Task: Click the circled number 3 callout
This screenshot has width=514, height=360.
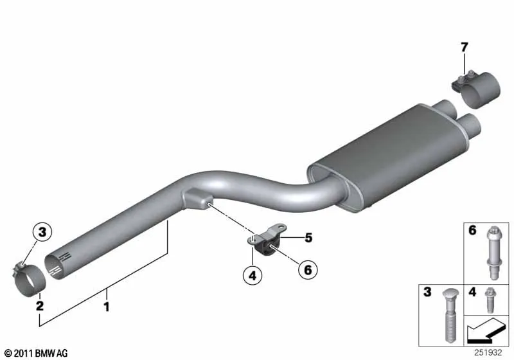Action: point(42,232)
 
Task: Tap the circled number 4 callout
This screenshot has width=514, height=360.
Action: point(253,275)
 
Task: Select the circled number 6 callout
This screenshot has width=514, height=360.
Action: point(308,269)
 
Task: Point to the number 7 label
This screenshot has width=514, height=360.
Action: point(464,48)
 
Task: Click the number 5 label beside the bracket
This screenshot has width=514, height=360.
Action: point(308,238)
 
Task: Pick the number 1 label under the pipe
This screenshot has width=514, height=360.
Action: point(106,307)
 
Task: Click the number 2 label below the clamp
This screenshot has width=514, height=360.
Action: point(40,305)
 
